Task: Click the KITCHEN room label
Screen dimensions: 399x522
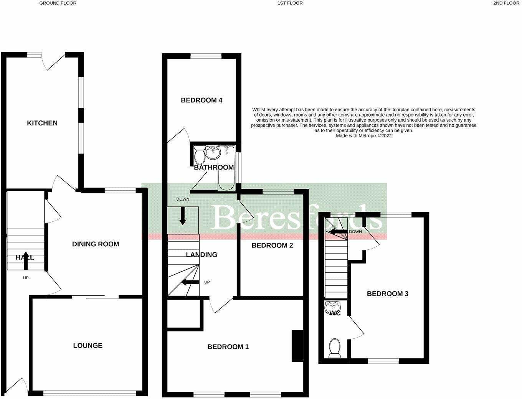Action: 42,123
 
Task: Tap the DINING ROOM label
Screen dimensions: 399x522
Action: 96,244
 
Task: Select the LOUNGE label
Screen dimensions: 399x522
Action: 88,346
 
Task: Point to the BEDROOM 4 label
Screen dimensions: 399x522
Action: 202,101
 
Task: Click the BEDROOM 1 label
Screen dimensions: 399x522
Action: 228,347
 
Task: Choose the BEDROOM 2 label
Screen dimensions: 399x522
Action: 272,246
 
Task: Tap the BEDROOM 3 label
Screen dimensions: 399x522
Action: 387,294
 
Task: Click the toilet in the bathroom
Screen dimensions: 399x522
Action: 199,155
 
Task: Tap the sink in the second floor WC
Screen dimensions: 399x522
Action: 332,307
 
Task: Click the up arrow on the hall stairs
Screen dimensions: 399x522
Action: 26,260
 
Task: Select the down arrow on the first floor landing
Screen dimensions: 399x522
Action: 183,216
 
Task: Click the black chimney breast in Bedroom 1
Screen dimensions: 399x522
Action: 297,346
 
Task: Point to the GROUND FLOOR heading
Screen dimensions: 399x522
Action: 58,3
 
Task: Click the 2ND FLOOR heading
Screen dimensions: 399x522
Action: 506,3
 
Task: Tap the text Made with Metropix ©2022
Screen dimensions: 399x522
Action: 363,136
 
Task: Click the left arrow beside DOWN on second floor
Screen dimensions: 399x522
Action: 338,232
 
